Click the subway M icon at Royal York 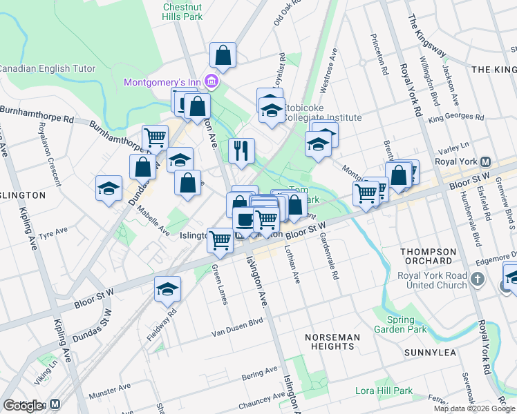click(486, 162)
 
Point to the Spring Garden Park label click(401, 324)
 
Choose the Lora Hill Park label click(384, 391)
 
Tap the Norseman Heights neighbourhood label click(333, 342)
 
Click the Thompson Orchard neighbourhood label click(427, 256)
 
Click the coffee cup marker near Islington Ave click(243, 220)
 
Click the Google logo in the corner click(23, 406)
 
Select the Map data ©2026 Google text click(474, 408)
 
